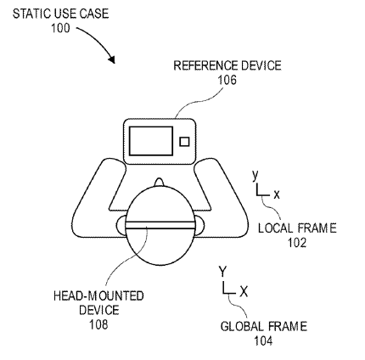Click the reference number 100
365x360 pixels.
[x=60, y=28]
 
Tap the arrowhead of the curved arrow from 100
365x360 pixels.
[x=112, y=59]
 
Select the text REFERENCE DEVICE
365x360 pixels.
[x=227, y=65]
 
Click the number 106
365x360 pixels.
[x=227, y=80]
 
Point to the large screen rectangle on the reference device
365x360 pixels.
[x=151, y=141]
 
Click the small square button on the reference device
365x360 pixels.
[x=184, y=142]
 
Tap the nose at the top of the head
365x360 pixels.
[x=160, y=183]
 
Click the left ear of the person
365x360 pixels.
[x=121, y=226]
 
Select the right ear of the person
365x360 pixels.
[x=199, y=226]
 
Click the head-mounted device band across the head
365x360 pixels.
[x=160, y=225]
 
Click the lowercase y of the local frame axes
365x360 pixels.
[x=255, y=176]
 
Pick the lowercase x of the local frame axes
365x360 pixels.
[x=277, y=194]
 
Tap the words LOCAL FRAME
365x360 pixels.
[x=297, y=228]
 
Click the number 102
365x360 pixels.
[x=297, y=243]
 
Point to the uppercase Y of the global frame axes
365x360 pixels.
[x=223, y=272]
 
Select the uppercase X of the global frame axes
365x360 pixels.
[x=244, y=291]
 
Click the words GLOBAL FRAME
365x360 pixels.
[x=264, y=326]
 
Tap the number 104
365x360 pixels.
[x=263, y=340]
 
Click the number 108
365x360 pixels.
[x=98, y=324]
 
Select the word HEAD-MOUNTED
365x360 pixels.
[x=98, y=295]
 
